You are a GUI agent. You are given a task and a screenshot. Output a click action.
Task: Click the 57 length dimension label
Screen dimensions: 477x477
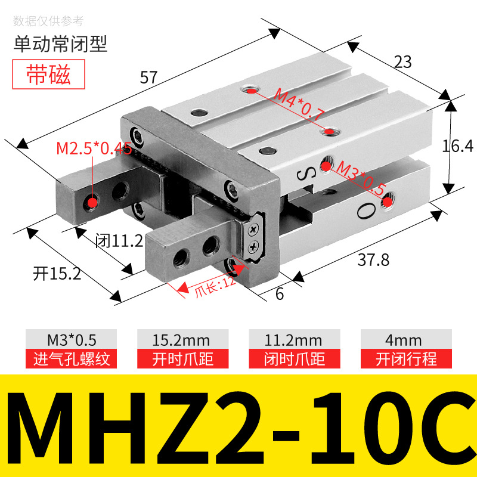(148, 77)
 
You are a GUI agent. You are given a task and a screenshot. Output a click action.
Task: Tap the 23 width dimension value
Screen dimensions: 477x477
(403, 61)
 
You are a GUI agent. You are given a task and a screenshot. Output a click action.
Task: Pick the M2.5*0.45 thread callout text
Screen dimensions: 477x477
(94, 148)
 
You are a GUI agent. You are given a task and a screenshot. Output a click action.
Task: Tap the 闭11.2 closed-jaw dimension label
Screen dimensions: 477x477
(119, 241)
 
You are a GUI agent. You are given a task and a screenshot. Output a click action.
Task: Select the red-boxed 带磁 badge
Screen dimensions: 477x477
(48, 75)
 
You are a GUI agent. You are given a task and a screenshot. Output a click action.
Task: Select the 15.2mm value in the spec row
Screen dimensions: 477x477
(182, 340)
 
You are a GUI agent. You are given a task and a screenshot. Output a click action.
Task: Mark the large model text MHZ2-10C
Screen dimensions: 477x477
(238, 426)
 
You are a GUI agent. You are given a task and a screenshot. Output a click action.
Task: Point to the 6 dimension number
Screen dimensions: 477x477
(280, 293)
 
